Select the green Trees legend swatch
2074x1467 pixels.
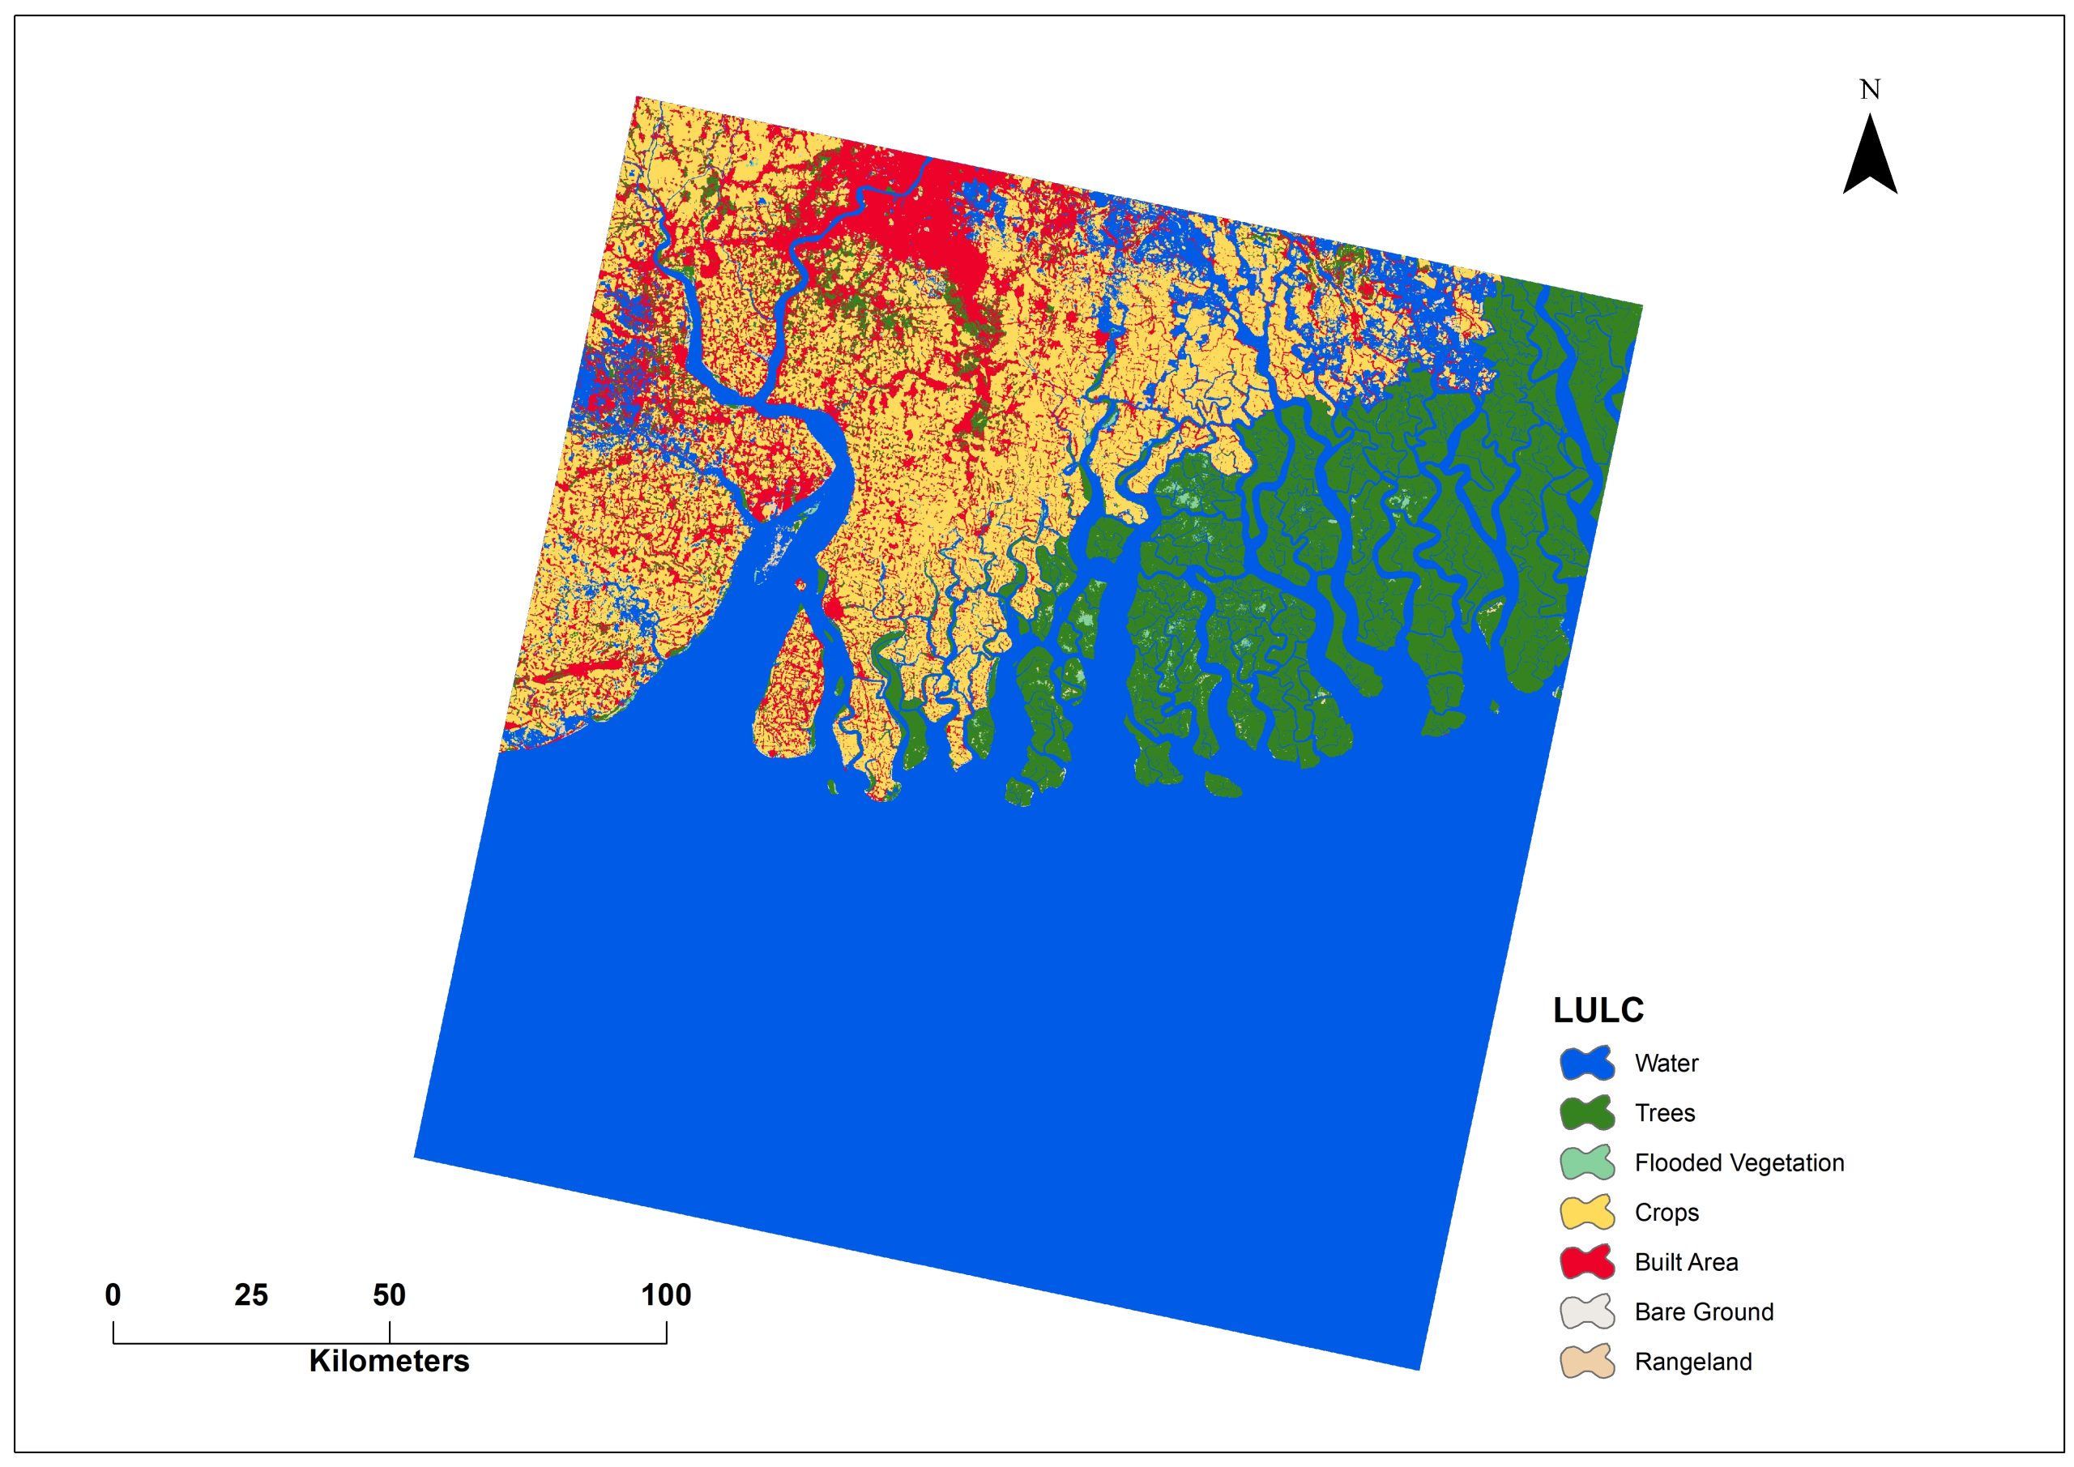1586,1113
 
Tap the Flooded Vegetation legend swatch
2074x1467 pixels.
1586,1162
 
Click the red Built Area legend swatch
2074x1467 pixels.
1586,1262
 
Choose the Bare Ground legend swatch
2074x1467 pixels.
1586,1311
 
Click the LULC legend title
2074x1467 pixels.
1598,1011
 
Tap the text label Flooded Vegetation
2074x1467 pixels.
1739,1162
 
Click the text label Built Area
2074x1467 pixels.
1686,1262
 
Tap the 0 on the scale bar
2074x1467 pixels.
113,1295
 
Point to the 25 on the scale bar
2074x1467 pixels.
251,1295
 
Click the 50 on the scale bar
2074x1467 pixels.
390,1295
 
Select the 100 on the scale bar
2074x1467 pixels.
666,1295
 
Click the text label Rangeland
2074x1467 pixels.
1692,1362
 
